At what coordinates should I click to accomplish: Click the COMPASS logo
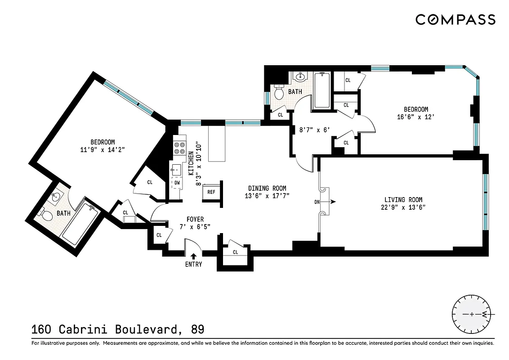pos(455,19)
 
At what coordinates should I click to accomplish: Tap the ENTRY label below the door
pos(193,264)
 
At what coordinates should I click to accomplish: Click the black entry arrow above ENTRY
pos(193,256)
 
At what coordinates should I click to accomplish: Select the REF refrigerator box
pos(211,192)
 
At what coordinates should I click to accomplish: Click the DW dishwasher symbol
pos(177,183)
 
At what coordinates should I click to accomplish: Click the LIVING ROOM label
pos(403,200)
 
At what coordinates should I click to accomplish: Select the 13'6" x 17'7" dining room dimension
pos(267,196)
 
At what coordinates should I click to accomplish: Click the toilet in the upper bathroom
pos(279,93)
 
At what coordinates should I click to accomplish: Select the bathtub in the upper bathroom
pos(322,90)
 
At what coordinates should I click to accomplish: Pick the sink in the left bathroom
pos(56,197)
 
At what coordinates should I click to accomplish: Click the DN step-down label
pos(317,202)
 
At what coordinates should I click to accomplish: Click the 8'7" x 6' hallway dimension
pos(315,130)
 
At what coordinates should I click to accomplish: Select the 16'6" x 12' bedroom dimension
pos(415,117)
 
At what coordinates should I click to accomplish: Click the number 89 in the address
pos(197,329)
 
